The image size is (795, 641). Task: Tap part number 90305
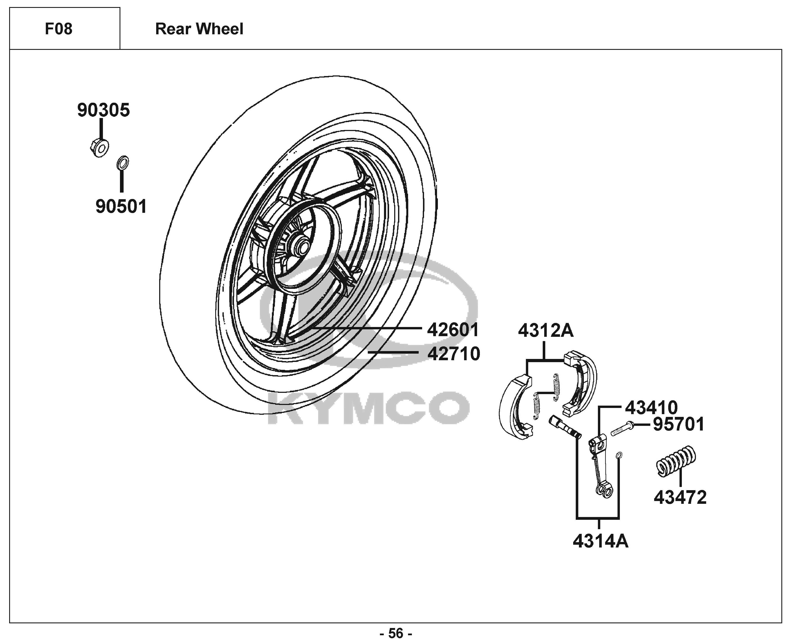[x=103, y=110]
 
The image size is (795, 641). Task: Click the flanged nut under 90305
[x=100, y=147]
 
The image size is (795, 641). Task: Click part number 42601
[x=453, y=330]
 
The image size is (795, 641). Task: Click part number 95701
[x=679, y=424]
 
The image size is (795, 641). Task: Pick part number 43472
[x=680, y=497]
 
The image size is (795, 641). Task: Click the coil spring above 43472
[x=676, y=462]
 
